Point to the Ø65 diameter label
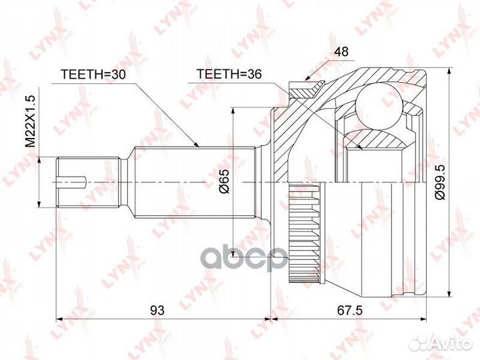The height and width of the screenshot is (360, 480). (225, 181)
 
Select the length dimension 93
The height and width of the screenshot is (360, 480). (157, 309)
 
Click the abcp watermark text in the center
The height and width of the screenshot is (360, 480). (244, 258)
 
